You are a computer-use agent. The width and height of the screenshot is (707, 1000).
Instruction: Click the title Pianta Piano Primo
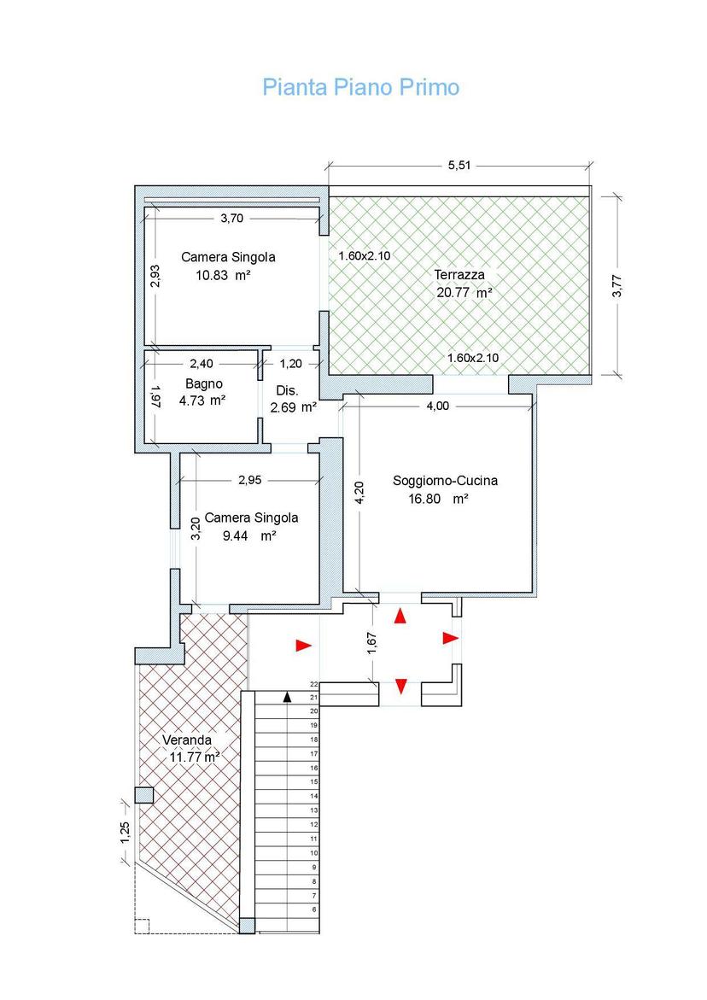click(361, 87)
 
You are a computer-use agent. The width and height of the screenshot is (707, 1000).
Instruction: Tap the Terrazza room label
click(459, 275)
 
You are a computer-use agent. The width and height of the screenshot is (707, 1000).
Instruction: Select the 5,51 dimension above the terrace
click(459, 165)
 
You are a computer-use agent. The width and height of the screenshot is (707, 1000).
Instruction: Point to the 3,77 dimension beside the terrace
click(616, 285)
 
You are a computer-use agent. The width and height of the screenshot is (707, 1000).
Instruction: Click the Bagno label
click(204, 384)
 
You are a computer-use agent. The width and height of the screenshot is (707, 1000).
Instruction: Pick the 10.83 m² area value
click(223, 276)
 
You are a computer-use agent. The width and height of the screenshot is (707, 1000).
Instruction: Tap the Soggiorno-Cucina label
click(445, 481)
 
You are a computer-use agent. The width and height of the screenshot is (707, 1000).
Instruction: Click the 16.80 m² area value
click(438, 499)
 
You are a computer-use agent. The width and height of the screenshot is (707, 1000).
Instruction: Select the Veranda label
click(187, 740)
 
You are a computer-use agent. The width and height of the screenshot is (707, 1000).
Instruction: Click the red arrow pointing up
click(400, 616)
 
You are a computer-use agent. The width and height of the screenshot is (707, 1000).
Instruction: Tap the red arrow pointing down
click(401, 687)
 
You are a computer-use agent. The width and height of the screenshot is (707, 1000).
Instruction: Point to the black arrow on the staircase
click(288, 697)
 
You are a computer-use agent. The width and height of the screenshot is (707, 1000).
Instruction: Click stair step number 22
click(313, 684)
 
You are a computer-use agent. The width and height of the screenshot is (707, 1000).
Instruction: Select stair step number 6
click(314, 909)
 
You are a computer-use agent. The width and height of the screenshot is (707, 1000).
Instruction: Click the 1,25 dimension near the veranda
click(125, 833)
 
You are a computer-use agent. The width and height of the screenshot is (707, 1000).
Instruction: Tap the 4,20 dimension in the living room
click(359, 493)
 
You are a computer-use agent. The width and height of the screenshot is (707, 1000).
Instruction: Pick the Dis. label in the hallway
click(287, 390)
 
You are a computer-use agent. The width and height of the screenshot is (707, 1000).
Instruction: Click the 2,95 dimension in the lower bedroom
click(250, 480)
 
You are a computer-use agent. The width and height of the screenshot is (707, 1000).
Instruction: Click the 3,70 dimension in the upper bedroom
click(232, 218)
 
